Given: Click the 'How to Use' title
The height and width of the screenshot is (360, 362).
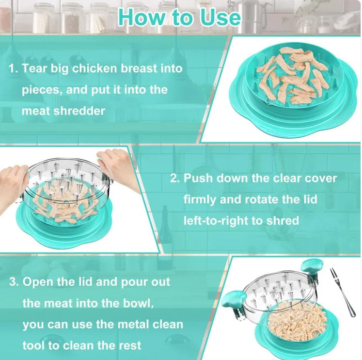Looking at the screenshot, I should click(179, 17).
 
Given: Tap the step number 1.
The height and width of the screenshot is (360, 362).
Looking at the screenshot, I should click(12, 68).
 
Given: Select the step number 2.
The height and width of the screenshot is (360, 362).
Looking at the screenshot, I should click(174, 178).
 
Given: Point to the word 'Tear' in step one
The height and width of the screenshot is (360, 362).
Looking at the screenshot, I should click(34, 68).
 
